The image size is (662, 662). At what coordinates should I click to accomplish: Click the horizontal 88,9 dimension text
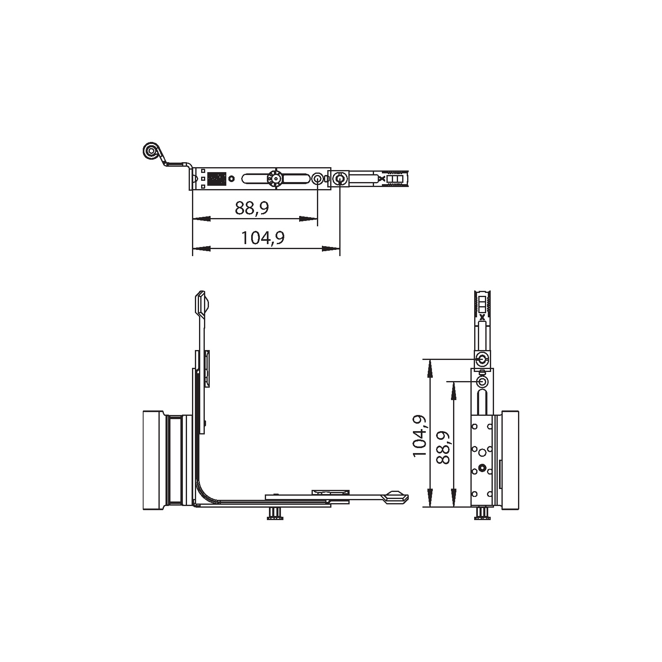[252, 208]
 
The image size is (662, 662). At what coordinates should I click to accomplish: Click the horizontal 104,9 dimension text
[263, 238]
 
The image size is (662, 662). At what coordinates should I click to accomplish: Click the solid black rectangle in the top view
[216, 179]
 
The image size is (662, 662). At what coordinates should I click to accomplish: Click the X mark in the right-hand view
[482, 318]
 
